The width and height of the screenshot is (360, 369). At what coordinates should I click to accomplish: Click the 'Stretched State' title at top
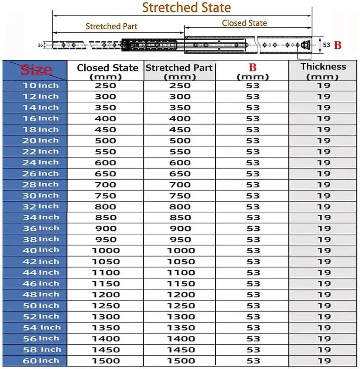click(186, 7)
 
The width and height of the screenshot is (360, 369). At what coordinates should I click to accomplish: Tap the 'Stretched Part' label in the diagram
click(111, 26)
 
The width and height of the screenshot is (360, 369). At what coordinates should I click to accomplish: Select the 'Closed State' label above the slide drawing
click(244, 23)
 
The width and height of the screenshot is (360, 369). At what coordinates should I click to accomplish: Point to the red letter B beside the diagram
click(337, 45)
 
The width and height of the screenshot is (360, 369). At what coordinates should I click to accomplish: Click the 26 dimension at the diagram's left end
click(40, 45)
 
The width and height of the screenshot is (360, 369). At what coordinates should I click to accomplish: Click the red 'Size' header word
click(36, 70)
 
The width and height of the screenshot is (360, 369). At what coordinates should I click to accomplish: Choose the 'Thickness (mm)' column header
click(323, 71)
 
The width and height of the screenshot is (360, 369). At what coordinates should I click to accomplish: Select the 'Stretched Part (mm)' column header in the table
click(179, 72)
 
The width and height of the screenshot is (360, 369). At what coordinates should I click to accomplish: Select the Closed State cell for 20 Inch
click(105, 141)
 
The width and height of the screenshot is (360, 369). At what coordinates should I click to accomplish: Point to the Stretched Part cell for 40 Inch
click(180, 251)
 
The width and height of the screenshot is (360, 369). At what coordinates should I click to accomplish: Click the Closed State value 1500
click(105, 361)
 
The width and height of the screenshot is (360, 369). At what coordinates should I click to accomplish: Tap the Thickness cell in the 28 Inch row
click(323, 185)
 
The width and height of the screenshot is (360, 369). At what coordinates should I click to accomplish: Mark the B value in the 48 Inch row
click(253, 295)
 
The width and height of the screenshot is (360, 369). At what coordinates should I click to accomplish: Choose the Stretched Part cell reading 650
click(180, 174)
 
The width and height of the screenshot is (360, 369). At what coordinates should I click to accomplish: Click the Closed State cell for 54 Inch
click(105, 328)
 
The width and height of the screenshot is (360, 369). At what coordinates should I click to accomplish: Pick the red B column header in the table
click(252, 68)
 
